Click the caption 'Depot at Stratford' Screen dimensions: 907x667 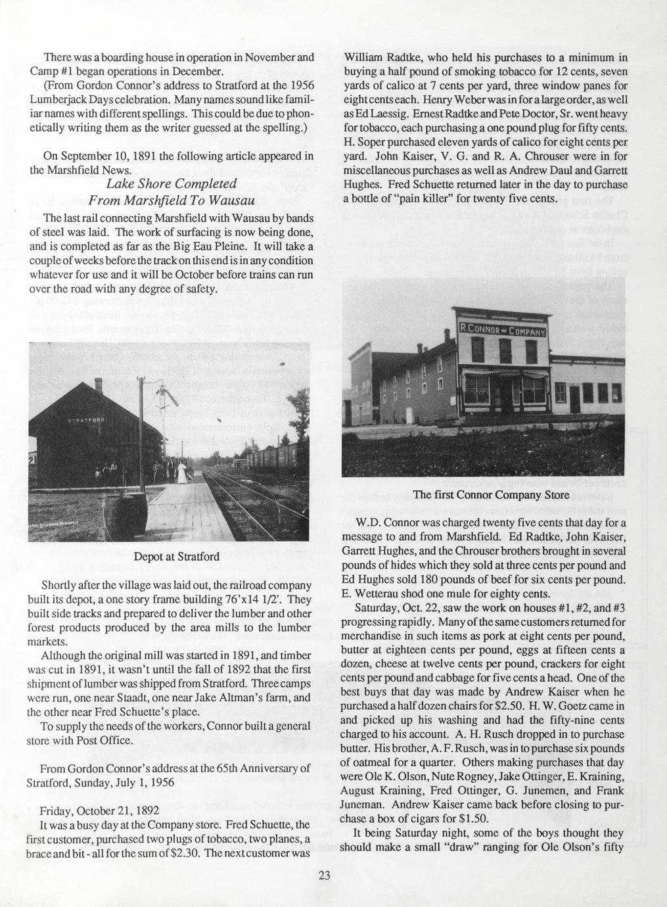pyautogui.click(x=176, y=557)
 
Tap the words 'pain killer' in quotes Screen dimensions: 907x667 pyautogui.click(x=431, y=198)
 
